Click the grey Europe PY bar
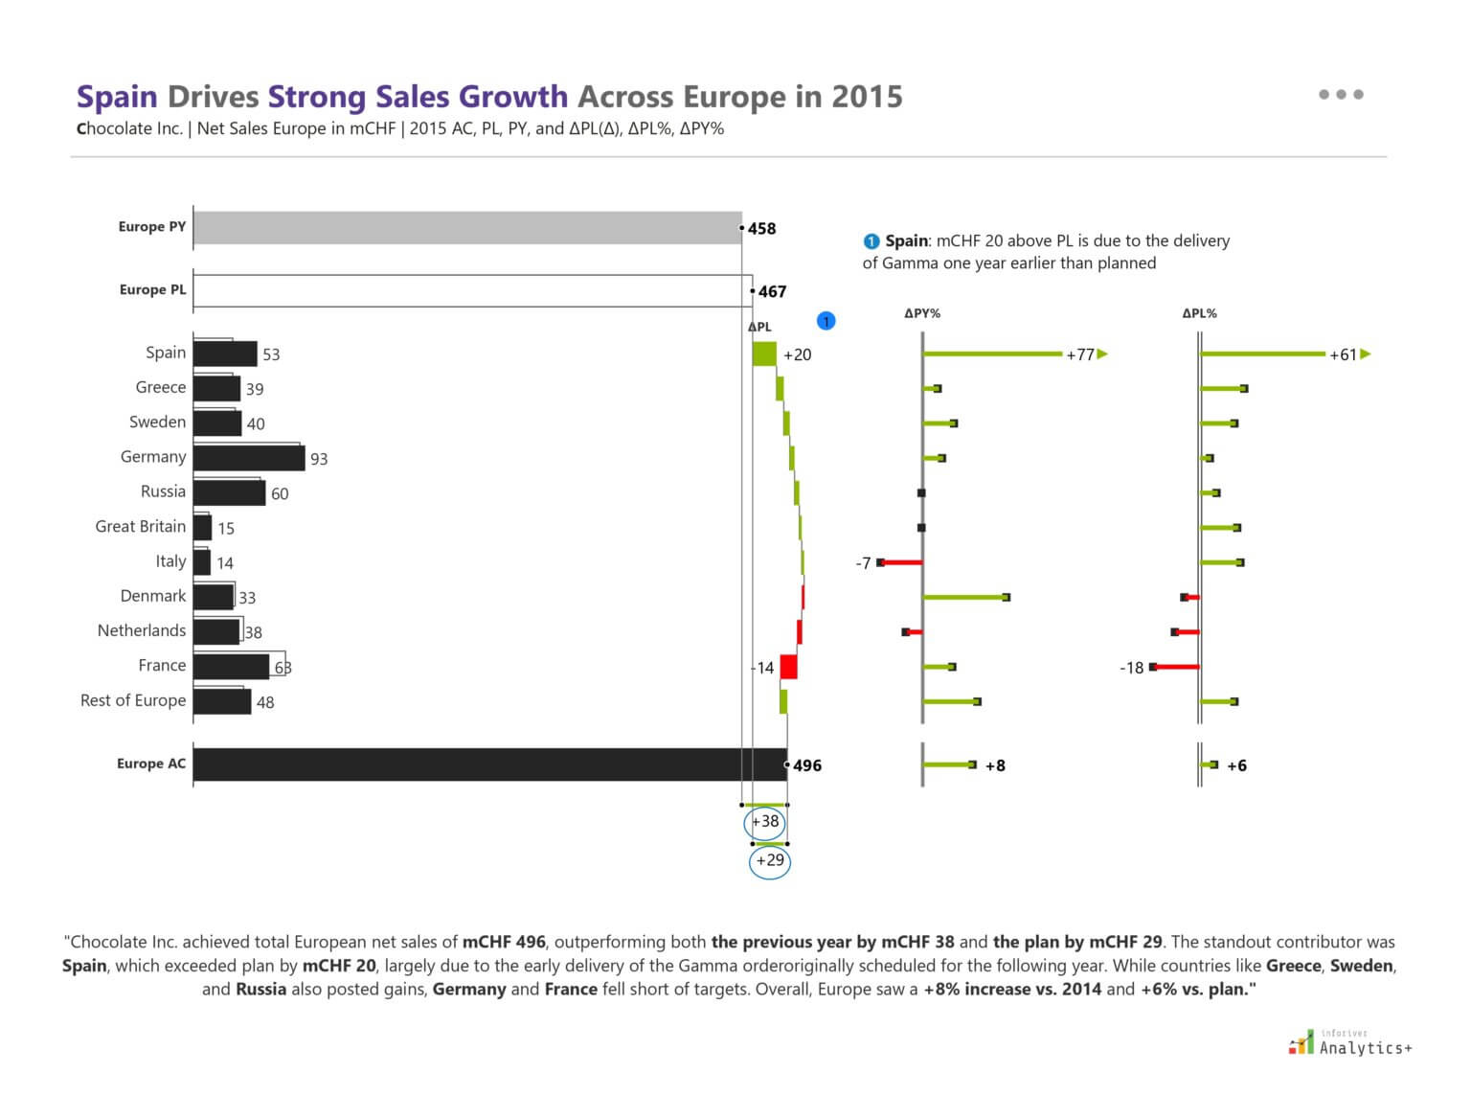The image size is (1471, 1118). (x=466, y=228)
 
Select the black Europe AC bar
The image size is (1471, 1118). (x=488, y=764)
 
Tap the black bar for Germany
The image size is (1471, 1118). (x=248, y=458)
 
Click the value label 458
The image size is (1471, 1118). (x=762, y=229)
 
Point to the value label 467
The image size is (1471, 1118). (x=772, y=291)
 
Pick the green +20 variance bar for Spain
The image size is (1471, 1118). (x=764, y=354)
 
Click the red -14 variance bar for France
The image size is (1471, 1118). (x=788, y=667)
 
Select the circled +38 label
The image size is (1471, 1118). (x=765, y=822)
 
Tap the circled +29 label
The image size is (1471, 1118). (x=770, y=860)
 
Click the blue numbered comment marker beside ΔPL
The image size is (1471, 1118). (x=826, y=322)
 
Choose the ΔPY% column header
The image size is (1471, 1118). (x=922, y=313)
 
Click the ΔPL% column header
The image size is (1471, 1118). (x=1199, y=313)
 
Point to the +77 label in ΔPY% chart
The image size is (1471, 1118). (x=1079, y=354)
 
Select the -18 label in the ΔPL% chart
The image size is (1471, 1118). (x=1131, y=668)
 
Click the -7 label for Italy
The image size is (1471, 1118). (x=863, y=563)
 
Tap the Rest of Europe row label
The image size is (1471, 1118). (x=133, y=700)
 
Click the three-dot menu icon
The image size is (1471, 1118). (x=1341, y=94)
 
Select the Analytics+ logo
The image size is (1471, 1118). (x=1350, y=1043)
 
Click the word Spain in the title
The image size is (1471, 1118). (x=117, y=97)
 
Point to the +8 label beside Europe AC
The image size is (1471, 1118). (x=995, y=765)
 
